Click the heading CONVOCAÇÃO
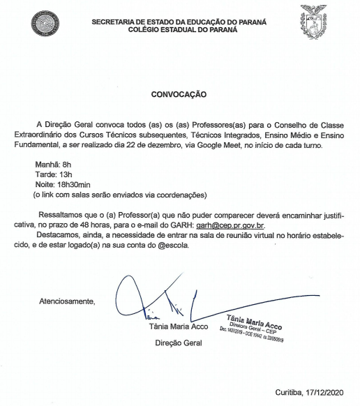179,92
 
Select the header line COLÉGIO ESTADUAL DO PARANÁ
179,31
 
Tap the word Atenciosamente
66,301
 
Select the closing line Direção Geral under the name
178,343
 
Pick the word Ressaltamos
64,216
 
